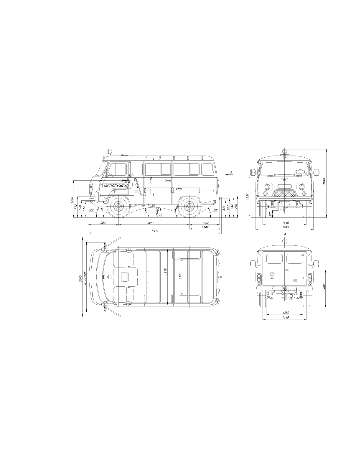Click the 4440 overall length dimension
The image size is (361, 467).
coord(155,231)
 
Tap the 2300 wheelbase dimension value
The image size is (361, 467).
coord(150,223)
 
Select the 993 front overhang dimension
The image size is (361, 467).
coord(103,223)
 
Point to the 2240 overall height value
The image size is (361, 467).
coord(324,181)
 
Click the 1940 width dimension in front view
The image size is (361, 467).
coord(286,227)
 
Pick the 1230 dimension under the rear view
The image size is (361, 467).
coord(286,313)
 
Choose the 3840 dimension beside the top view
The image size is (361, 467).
coord(80,278)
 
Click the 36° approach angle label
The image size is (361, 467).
coord(92,210)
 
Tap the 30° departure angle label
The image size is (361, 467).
coord(215,210)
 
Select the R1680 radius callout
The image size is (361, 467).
coord(157,212)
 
